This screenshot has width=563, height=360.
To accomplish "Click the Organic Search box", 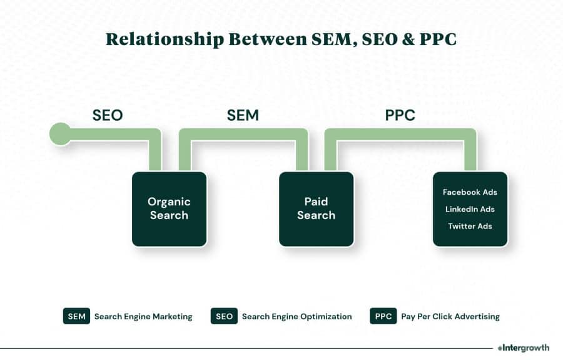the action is (169, 208).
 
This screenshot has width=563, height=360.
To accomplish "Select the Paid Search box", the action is (317, 208).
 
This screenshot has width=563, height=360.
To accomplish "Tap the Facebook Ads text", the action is (470, 192).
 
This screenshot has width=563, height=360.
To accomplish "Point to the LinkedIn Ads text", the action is (470, 209).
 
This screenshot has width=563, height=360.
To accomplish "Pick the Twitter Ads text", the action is (470, 226).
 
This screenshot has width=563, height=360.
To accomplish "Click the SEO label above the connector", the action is (108, 115).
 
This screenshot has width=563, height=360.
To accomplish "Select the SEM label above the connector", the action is (243, 115).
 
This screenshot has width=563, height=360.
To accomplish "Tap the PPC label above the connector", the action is (400, 115).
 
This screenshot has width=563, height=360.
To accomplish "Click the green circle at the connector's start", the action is (60, 134).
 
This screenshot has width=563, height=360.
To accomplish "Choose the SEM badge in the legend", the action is (76, 316).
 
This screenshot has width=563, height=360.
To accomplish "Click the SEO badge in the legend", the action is (224, 316).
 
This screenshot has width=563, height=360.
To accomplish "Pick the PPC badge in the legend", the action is (383, 316).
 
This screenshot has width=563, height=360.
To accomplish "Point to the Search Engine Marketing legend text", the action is (143, 317).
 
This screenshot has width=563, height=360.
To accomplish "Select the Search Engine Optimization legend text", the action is (297, 317).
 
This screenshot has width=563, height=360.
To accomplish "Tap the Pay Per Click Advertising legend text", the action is (450, 317).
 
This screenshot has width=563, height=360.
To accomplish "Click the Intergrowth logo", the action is (523, 347).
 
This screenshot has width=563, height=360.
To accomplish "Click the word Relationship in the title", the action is (165, 39).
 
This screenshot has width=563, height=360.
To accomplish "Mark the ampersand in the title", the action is (408, 39).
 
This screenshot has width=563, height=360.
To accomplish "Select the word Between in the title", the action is (268, 39).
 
